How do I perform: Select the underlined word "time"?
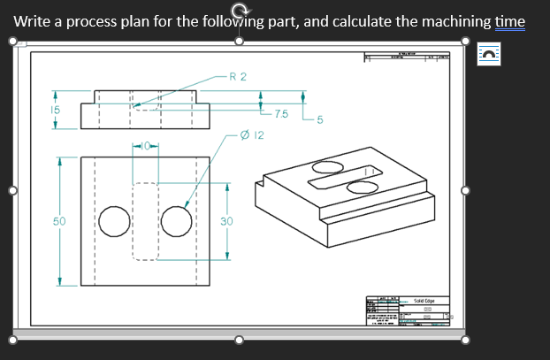(x=510, y=21)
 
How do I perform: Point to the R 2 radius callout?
(x=237, y=77)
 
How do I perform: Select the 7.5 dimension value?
(x=280, y=114)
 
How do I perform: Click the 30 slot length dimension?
(x=226, y=220)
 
